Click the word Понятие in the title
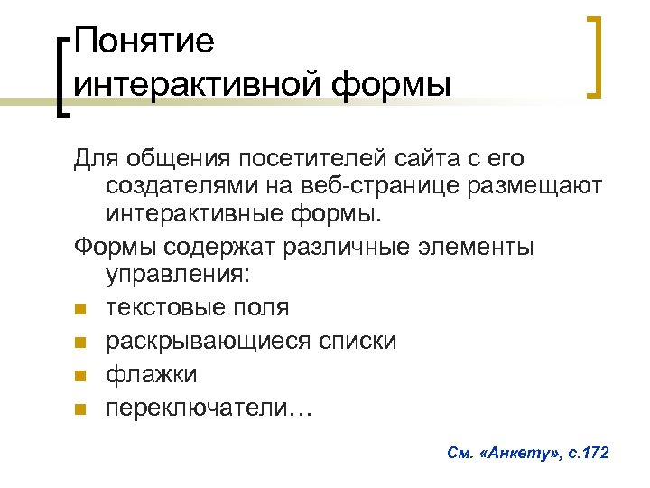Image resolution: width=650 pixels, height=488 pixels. pos(144,42)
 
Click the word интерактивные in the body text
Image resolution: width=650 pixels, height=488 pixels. pos(192,216)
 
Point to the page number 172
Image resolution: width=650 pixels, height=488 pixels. pos(593,451)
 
